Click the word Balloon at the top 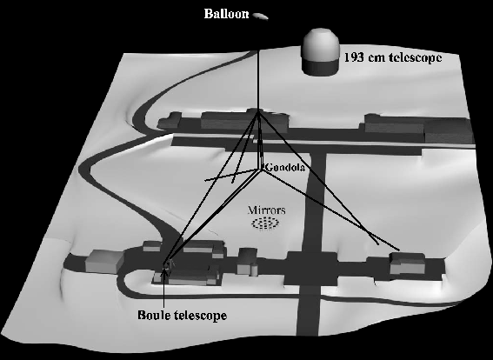pos(226,14)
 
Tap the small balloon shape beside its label pos(261,17)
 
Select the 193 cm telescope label pos(393,58)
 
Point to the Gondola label pos(285,167)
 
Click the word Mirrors pos(266,210)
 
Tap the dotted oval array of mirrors pos(265,223)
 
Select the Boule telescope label pos(182,315)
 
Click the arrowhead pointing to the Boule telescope pos(163,273)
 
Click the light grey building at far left pos(104,261)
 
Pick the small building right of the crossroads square pos(408,263)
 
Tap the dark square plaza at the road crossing pos(311,268)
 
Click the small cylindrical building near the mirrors pos(248,261)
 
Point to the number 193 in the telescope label pos(354,58)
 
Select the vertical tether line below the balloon pos(258,82)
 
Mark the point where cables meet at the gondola pos(261,170)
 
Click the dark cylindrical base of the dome pos(320,67)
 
